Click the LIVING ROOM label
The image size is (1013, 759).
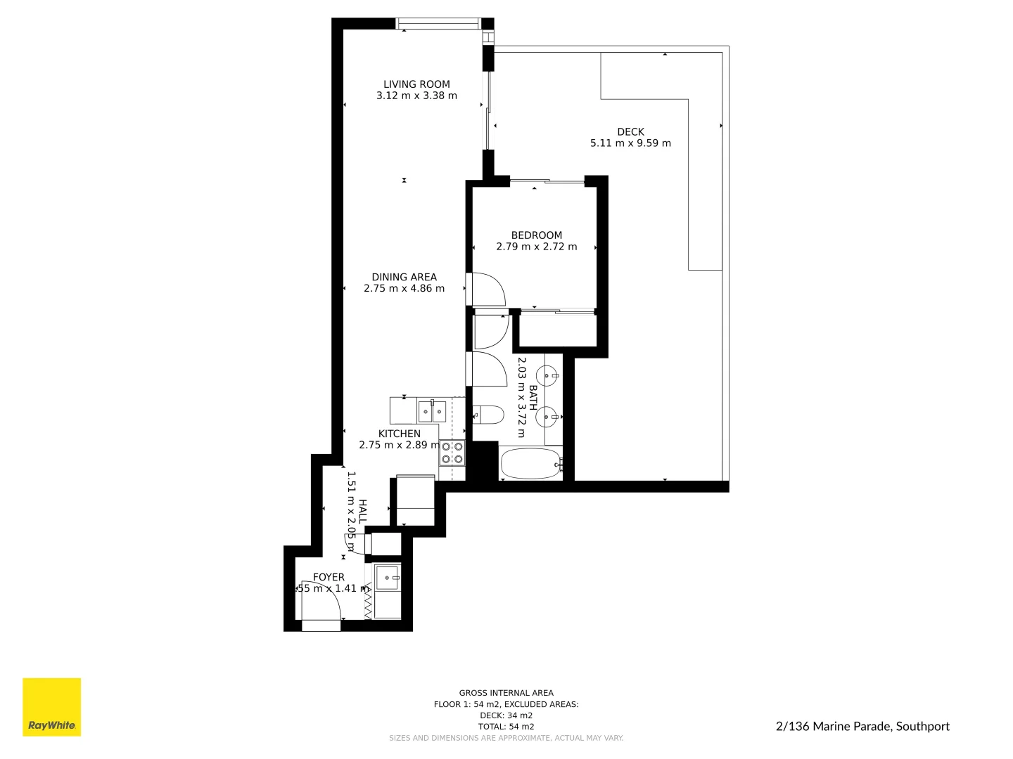(416, 84)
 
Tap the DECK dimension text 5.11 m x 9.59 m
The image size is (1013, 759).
(630, 143)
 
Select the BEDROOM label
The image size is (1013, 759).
(536, 235)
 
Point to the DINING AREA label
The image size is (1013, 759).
(404, 277)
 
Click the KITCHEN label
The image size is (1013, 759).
(399, 434)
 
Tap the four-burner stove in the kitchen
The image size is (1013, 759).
(452, 453)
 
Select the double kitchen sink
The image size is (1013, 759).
(431, 410)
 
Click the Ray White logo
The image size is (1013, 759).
(52, 707)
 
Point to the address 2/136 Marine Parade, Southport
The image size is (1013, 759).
(862, 727)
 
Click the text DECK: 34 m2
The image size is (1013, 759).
(506, 715)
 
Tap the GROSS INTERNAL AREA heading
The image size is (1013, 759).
(506, 693)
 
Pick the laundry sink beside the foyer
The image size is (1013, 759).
(388, 578)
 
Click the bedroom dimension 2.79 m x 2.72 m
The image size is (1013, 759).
(536, 247)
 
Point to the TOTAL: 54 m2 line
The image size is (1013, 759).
(506, 727)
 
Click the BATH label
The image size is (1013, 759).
(533, 398)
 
